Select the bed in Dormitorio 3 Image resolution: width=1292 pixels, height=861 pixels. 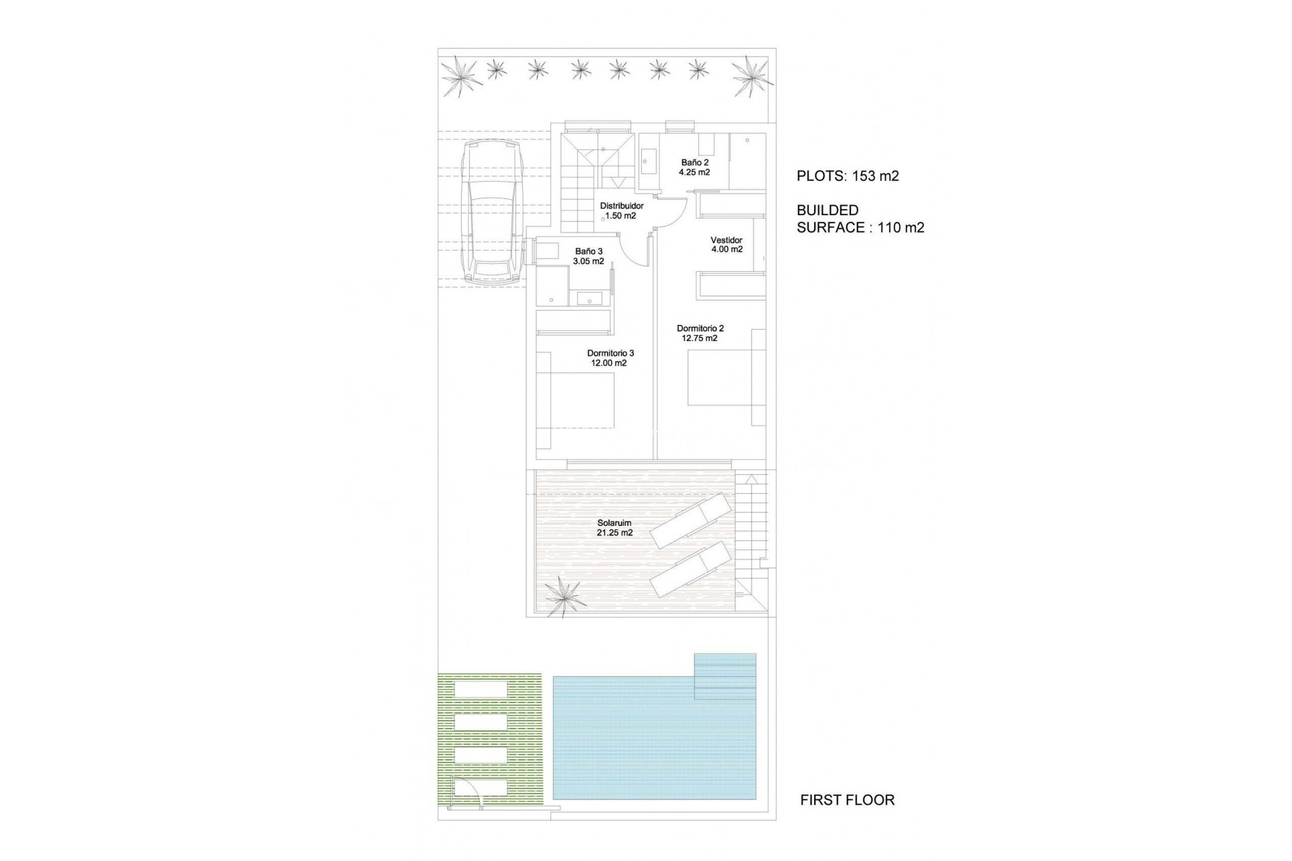pyautogui.click(x=579, y=401)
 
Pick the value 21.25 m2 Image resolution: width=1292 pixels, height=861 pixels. pyautogui.click(x=614, y=533)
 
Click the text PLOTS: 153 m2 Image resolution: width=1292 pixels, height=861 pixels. pyautogui.click(x=848, y=176)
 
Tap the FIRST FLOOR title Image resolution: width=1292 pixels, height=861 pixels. pyautogui.click(x=847, y=800)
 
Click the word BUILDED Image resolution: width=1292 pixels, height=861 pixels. pyautogui.click(x=827, y=211)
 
